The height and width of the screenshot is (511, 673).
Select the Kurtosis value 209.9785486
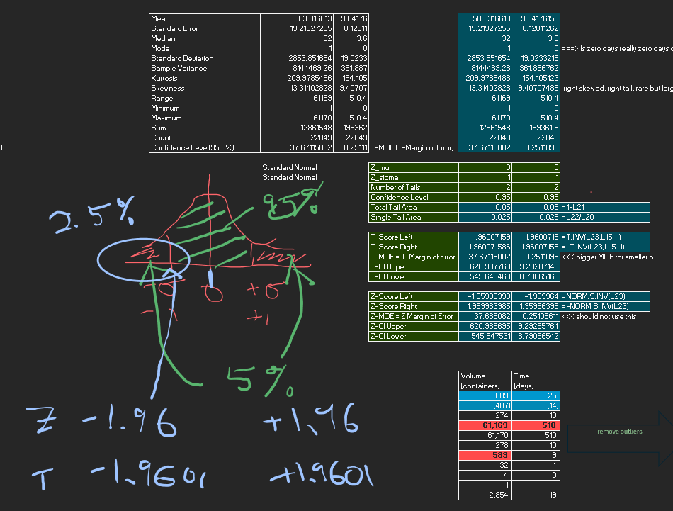point(287,78)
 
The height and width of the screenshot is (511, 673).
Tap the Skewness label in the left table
point(168,88)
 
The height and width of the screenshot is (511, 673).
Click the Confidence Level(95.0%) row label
point(193,147)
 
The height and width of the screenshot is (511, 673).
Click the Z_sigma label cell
point(387,177)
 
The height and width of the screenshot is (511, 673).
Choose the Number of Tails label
point(395,187)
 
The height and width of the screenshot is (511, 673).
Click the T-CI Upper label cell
point(388,266)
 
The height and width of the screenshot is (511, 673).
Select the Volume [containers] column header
point(485,380)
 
